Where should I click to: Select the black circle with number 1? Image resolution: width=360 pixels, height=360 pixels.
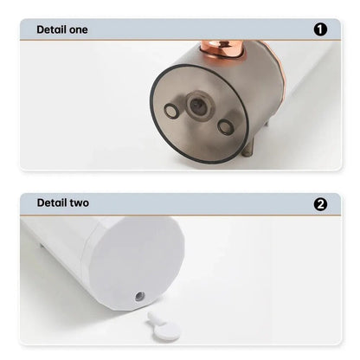(320, 29)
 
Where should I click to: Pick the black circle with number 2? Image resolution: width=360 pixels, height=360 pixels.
(320, 204)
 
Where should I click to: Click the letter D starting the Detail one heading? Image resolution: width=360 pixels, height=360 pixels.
(41, 29)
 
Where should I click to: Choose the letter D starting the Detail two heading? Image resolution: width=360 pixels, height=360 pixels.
(41, 203)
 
